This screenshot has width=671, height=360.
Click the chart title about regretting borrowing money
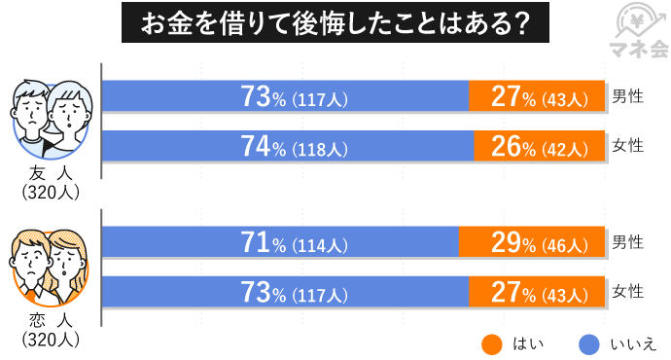coord(335,22)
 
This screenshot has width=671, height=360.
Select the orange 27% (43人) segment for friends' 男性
coord(536,97)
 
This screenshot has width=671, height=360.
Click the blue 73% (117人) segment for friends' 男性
coord(285,97)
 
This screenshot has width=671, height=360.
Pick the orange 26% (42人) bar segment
coord(539,148)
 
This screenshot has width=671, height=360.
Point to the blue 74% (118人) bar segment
coord(288,148)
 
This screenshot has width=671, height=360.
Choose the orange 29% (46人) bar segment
coord(530,241)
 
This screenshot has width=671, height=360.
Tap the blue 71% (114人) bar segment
coord(280,241)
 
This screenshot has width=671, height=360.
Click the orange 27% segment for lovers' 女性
coord(536,292)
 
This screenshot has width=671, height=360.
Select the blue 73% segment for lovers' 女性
coord(285,292)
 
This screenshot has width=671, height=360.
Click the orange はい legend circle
coord(492,342)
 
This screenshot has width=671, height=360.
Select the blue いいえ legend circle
coord(587,342)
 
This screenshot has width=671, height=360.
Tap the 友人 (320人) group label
coord(50,183)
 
